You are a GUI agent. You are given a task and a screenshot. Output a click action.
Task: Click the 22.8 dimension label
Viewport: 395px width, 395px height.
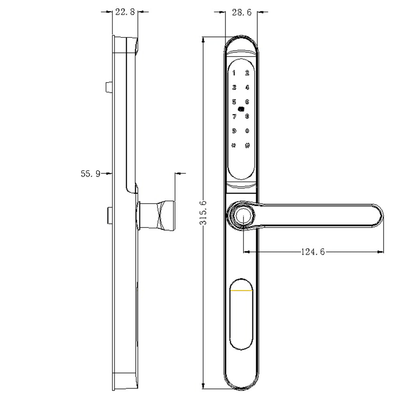[x=125, y=12]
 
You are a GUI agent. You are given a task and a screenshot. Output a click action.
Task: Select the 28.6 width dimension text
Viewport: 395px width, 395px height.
[x=241, y=12]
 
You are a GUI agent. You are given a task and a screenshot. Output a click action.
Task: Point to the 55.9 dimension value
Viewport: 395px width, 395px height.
[x=90, y=173]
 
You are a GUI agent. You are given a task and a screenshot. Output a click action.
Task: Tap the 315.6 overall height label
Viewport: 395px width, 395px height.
[x=203, y=213]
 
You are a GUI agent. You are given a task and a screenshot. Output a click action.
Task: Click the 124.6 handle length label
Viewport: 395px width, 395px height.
[x=313, y=252]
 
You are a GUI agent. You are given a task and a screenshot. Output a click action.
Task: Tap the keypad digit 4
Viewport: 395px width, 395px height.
[x=247, y=88]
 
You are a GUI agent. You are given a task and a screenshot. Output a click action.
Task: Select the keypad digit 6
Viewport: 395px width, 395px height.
[x=247, y=102]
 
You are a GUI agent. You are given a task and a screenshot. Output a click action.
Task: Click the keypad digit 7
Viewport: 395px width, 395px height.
[x=234, y=117]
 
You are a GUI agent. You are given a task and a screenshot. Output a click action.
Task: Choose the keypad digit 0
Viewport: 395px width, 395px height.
[x=247, y=131]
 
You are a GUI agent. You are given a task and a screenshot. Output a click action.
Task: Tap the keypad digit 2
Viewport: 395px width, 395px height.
[x=247, y=73]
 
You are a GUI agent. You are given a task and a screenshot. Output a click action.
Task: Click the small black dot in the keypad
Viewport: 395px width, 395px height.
[x=241, y=109]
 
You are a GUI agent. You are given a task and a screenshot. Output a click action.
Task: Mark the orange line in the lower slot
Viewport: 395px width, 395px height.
[x=242, y=291]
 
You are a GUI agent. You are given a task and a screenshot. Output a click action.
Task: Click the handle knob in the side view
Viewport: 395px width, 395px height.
[x=157, y=216]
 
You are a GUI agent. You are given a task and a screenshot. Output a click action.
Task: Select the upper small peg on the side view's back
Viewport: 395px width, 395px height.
[x=108, y=87]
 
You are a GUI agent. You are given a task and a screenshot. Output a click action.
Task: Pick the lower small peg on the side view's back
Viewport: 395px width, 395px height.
[x=108, y=214]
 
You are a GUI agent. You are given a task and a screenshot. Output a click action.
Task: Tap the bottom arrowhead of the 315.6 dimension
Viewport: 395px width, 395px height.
[x=203, y=386]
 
